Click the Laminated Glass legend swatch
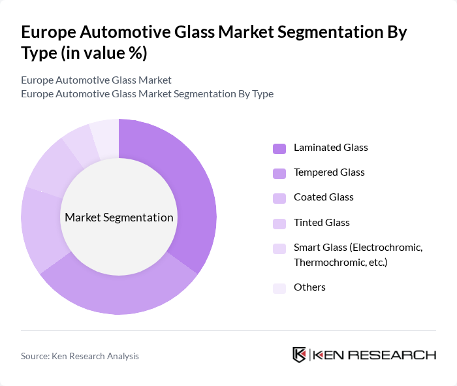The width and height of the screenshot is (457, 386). click(x=279, y=148)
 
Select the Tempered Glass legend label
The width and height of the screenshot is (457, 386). click(x=329, y=172)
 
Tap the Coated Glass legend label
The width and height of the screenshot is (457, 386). click(x=324, y=197)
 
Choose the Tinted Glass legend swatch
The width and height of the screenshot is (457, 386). click(x=279, y=223)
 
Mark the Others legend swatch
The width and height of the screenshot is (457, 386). click(x=279, y=287)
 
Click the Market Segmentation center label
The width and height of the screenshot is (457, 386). click(x=119, y=217)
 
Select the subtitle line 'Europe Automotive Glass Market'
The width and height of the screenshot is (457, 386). click(x=96, y=80)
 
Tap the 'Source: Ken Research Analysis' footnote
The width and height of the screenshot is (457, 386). click(x=80, y=356)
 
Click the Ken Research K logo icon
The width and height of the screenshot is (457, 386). click(x=299, y=355)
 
